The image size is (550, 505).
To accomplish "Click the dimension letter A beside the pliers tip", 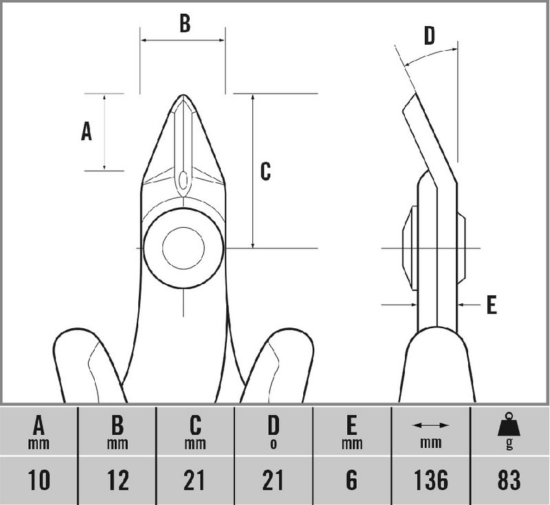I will [x=87, y=131].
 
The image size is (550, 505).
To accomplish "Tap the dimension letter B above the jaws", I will [x=184, y=23].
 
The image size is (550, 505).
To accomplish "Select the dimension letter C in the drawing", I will [x=265, y=171].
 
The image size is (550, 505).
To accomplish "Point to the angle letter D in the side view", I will [x=429, y=36].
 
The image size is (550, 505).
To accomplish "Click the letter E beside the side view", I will [x=491, y=305].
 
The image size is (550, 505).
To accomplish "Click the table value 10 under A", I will [x=39, y=480].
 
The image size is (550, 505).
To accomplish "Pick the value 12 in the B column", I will [x=118, y=480].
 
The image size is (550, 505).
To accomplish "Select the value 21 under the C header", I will [x=195, y=480].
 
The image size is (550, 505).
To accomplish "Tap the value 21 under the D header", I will [x=274, y=480].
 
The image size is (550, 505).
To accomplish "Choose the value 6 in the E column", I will [x=351, y=480].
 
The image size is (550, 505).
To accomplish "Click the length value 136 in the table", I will [x=430, y=480].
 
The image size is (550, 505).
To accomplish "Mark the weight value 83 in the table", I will [x=509, y=480].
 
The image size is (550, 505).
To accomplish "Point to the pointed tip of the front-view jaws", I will [x=183, y=96].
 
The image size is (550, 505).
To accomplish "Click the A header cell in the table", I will [x=39, y=431].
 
